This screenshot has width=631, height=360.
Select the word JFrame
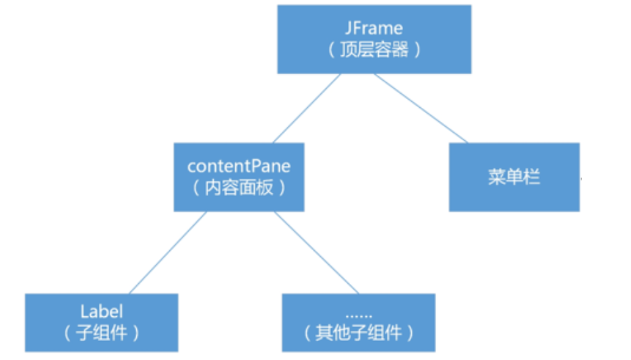point(374,29)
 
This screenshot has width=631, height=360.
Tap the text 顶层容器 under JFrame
point(374,51)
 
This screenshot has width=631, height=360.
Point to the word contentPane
point(239,166)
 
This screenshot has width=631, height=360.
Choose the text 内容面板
point(239,187)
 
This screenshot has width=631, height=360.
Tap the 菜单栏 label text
point(514,177)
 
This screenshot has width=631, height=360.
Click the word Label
point(101,311)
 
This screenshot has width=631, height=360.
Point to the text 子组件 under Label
point(101,333)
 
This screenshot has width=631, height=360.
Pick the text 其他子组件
point(358,333)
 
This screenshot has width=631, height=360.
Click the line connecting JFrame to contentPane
point(307,108)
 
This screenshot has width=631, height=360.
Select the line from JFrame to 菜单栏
point(421,108)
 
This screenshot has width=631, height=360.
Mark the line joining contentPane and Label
point(167,253)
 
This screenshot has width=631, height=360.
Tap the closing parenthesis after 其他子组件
point(409,333)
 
